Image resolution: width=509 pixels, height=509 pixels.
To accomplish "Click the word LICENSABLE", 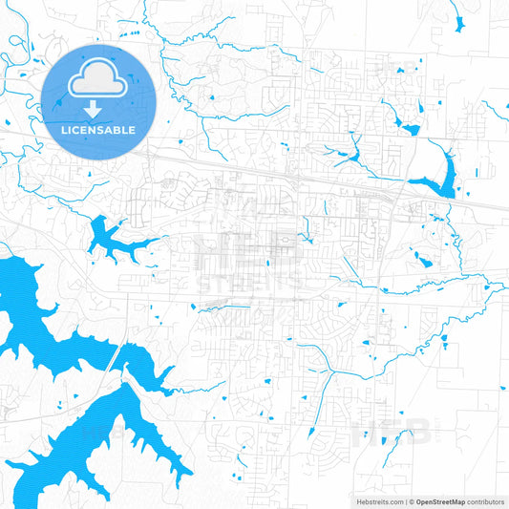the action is [x=98, y=129].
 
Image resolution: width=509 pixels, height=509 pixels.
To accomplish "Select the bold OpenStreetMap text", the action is [x=441, y=501].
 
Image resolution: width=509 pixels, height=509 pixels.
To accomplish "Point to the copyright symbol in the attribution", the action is [x=411, y=501].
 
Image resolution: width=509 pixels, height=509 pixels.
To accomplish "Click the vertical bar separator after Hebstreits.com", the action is [x=404, y=501].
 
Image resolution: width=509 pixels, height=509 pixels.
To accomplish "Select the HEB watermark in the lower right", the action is [x=392, y=435].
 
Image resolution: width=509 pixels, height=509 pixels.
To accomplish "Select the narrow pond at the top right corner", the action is [x=459, y=21].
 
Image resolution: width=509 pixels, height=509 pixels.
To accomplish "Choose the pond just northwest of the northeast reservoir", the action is [x=409, y=128].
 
